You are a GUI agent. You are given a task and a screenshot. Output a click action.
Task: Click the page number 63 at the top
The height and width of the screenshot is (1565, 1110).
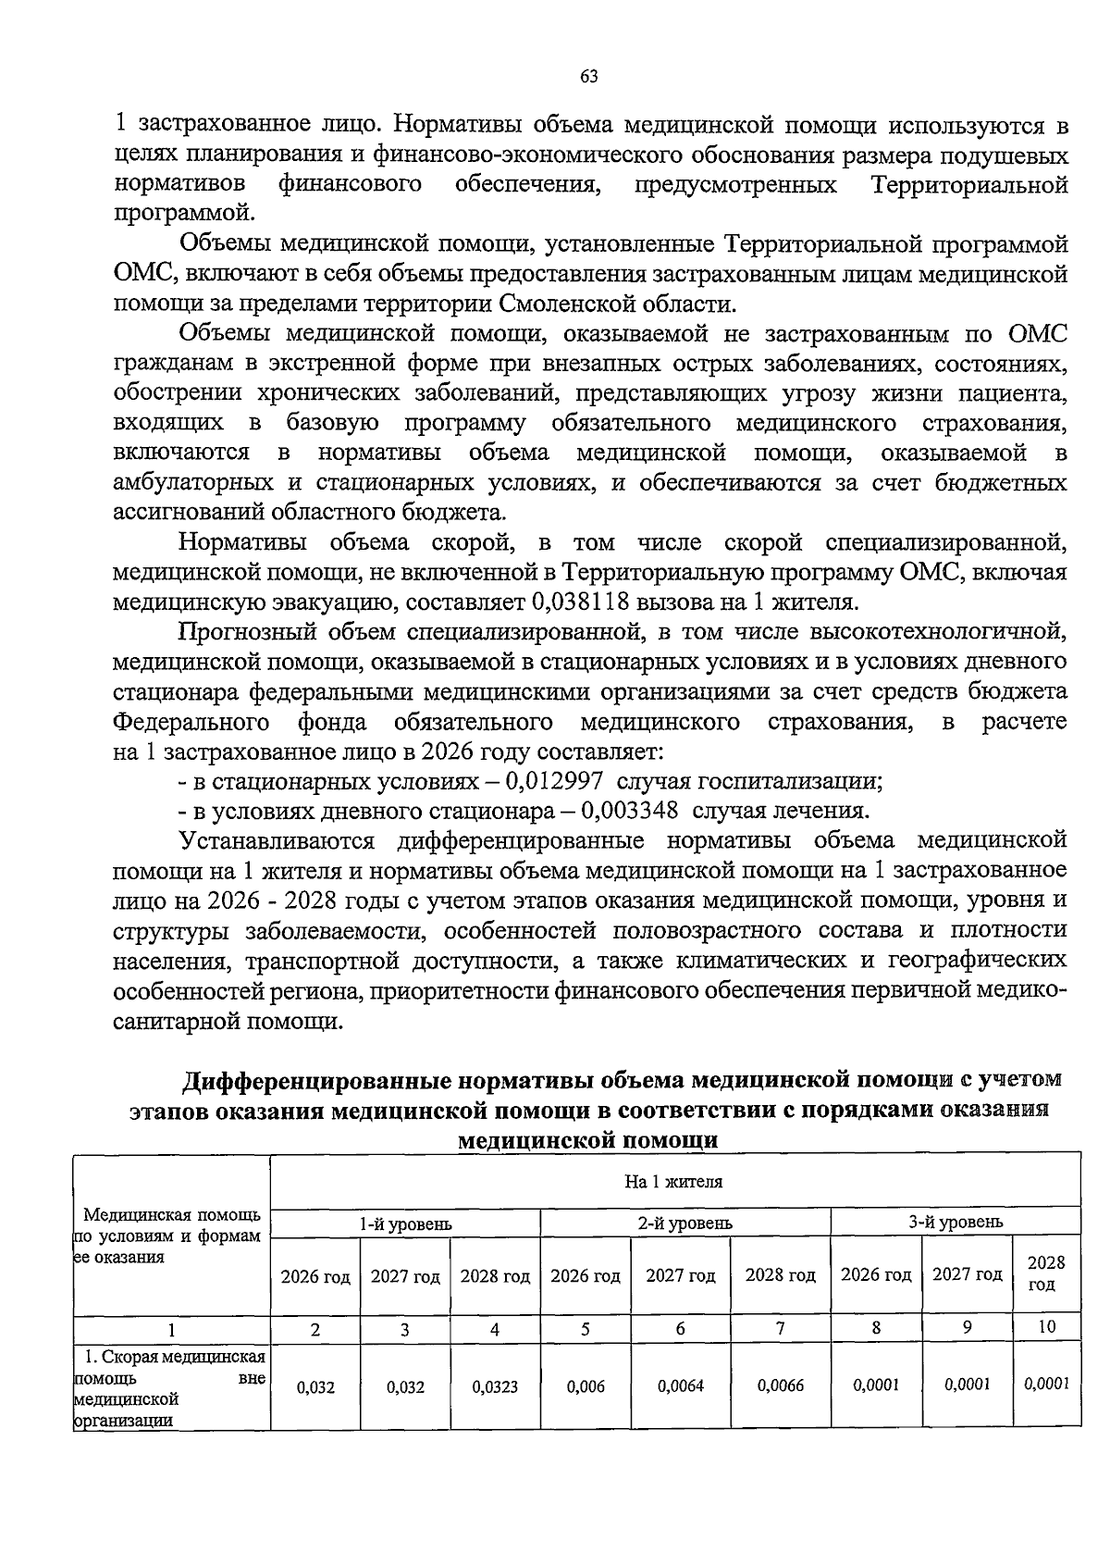pyautogui.click(x=588, y=77)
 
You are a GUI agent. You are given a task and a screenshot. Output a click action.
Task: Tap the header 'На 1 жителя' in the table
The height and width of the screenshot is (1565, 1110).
pyautogui.click(x=674, y=1182)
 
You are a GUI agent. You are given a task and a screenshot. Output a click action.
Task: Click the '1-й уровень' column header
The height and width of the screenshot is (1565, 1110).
pyautogui.click(x=405, y=1223)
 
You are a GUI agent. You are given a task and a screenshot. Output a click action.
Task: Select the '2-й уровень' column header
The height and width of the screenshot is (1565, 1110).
pyautogui.click(x=685, y=1223)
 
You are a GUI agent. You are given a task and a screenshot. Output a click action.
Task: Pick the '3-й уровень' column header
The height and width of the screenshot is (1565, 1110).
pyautogui.click(x=956, y=1223)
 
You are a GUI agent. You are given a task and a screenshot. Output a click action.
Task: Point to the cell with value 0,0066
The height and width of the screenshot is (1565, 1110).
pyautogui.click(x=780, y=1386)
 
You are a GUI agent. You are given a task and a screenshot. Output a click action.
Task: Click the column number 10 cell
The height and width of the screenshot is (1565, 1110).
pyautogui.click(x=1046, y=1327)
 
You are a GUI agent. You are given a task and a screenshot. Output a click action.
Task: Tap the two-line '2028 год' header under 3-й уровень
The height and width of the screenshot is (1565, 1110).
pyautogui.click(x=1046, y=1273)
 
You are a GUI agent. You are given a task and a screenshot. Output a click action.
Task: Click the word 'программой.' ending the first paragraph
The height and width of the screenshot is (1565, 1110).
pyautogui.click(x=182, y=214)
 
